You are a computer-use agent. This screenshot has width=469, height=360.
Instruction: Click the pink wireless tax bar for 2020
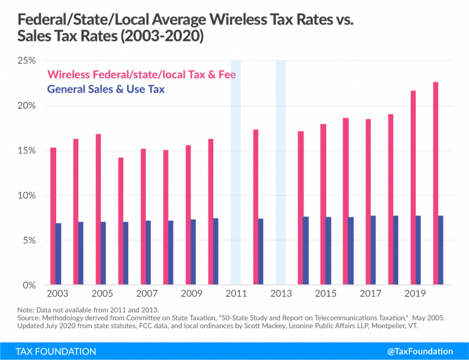435,183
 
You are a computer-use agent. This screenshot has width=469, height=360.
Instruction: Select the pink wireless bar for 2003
53,216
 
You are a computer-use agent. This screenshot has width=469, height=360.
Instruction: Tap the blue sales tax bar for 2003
59,254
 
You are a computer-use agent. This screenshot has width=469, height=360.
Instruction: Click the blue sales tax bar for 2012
261,251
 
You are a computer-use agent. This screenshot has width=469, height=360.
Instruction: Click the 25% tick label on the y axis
27,61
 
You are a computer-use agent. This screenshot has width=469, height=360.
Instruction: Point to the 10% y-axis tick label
27,195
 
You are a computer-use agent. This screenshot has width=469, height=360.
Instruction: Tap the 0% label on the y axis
29,285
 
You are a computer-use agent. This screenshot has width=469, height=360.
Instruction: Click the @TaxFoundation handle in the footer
421,351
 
